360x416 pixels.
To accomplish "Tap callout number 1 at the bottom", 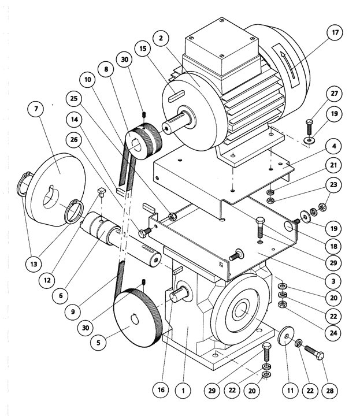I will click(x=183, y=391).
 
